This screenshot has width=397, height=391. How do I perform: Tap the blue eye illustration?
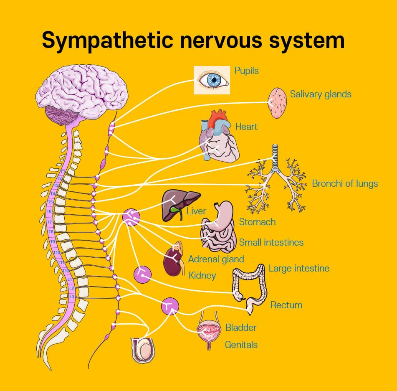pyautogui.click(x=212, y=80)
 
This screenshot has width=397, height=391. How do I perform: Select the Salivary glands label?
pyautogui.click(x=321, y=94)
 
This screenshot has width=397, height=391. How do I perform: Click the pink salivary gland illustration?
pyautogui.click(x=277, y=103)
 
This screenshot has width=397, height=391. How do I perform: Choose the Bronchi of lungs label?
pyautogui.click(x=345, y=183)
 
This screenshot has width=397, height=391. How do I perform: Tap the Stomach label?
pyautogui.click(x=257, y=222)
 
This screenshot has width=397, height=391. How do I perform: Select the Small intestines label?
pyautogui.click(x=271, y=242)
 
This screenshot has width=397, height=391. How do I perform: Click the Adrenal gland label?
pyautogui.click(x=216, y=259)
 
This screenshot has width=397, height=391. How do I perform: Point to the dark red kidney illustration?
pyautogui.click(x=171, y=263)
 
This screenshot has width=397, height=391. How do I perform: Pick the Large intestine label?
pyautogui.click(x=299, y=268)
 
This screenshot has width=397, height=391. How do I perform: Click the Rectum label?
pyautogui.click(x=286, y=305)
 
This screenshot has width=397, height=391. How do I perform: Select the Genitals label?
pyautogui.click(x=241, y=345)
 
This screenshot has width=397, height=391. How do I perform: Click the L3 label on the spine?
pyautogui.click(x=72, y=297)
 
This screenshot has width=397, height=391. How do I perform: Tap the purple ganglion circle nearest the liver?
pyautogui.click(x=131, y=217)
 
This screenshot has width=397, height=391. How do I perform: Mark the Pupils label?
pyautogui.click(x=246, y=71)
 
